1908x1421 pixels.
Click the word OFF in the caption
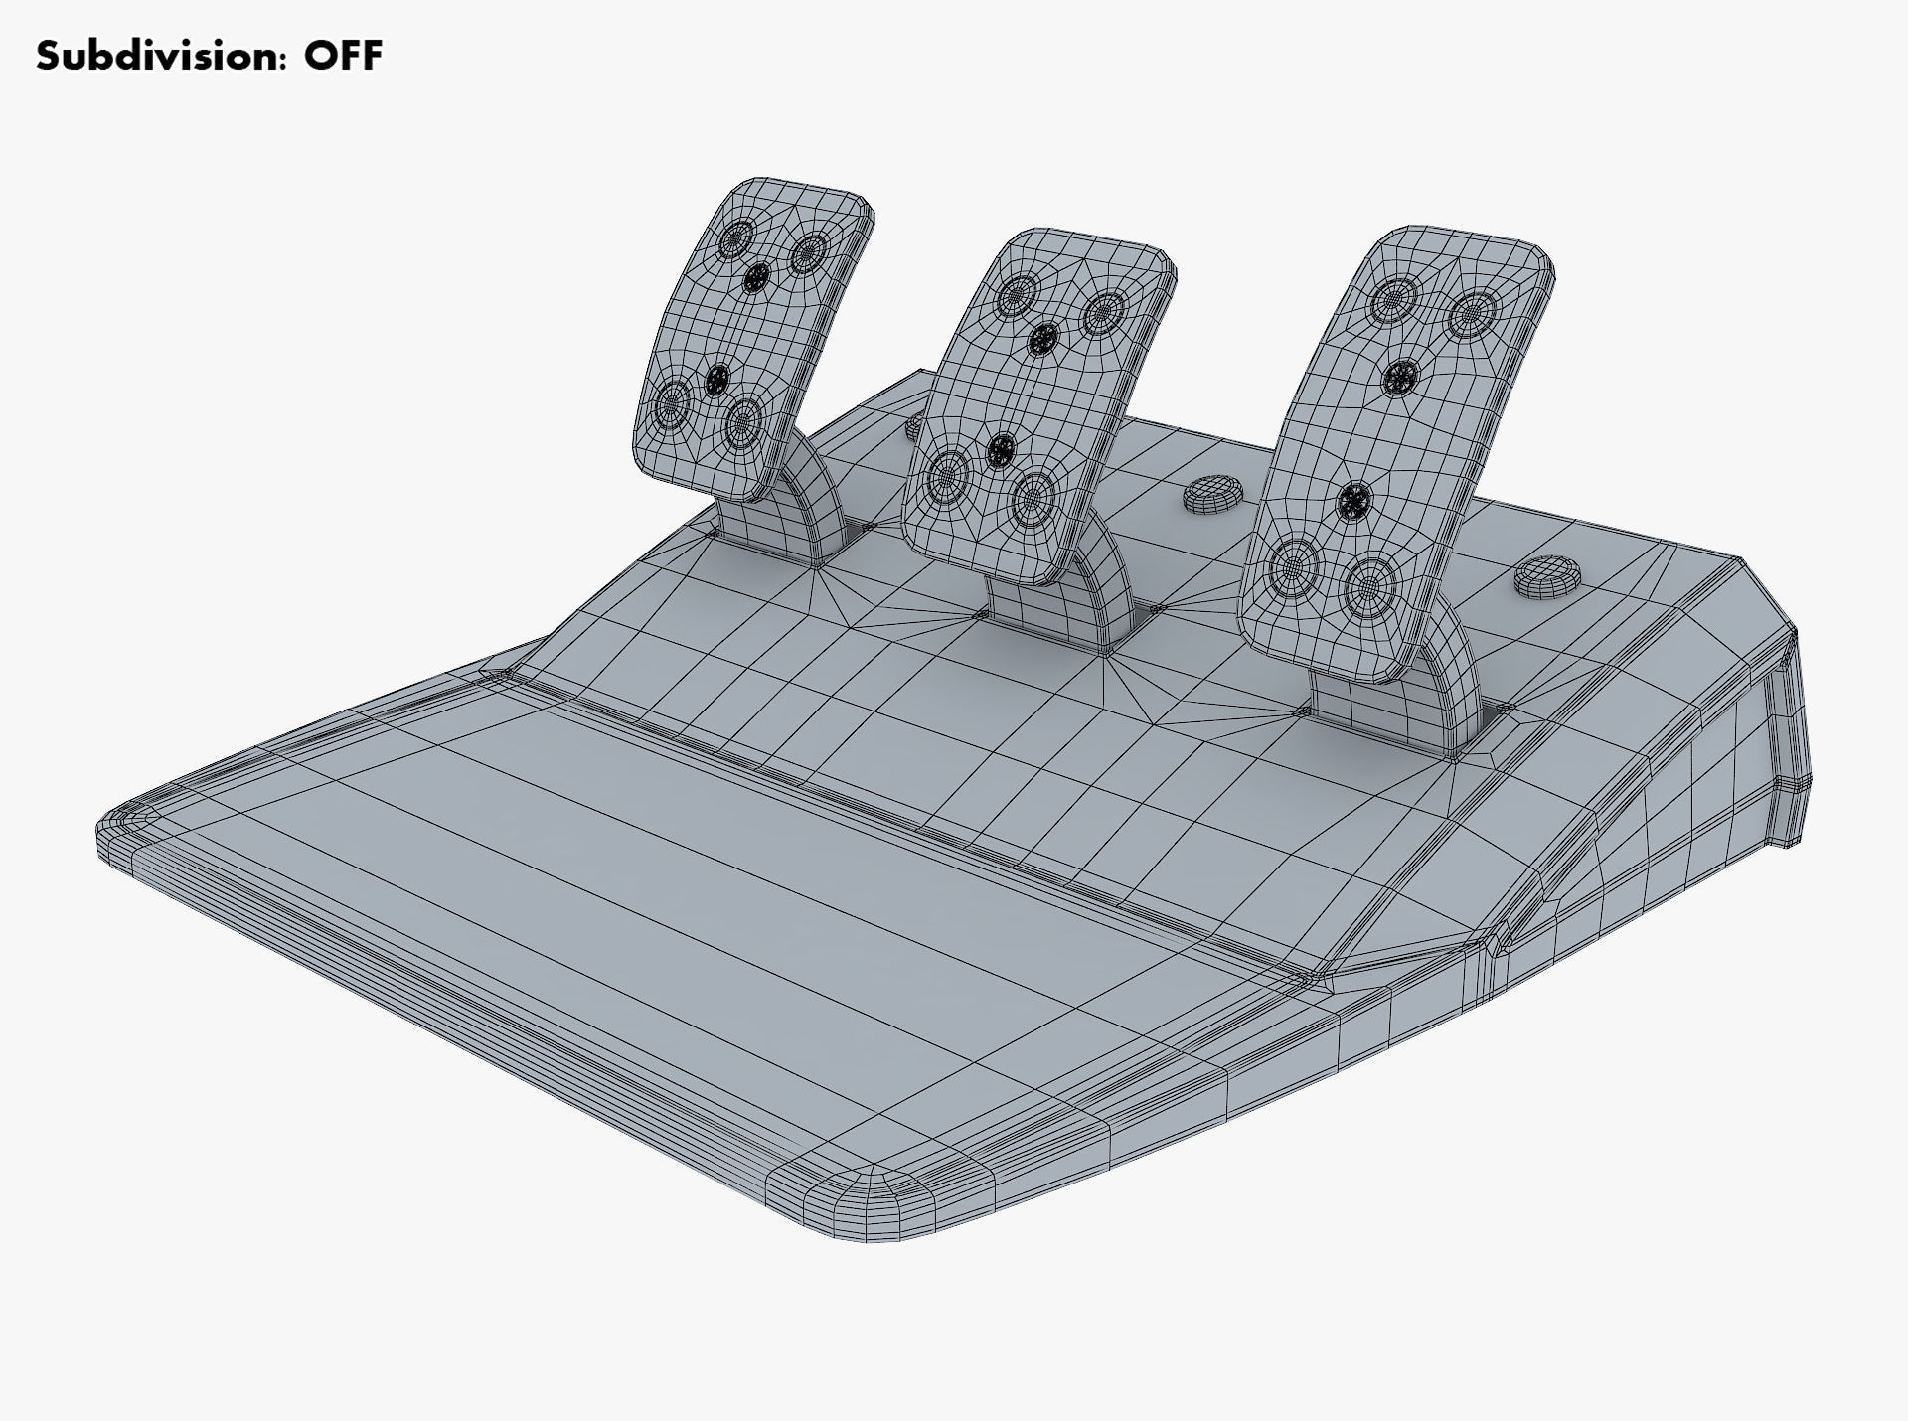pos(343,56)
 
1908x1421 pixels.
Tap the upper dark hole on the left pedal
pos(758,277)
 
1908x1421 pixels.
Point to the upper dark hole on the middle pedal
pos(1042,341)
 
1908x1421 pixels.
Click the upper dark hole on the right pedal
pos(1400,376)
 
